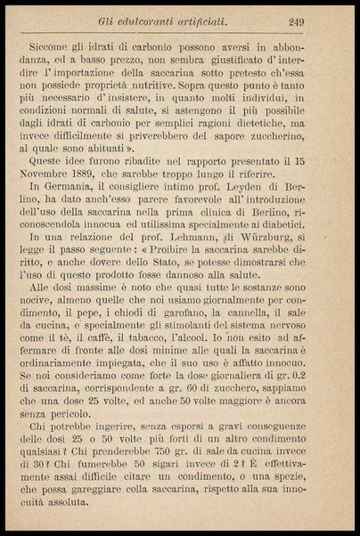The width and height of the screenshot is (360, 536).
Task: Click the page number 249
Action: tap(322, 22)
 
